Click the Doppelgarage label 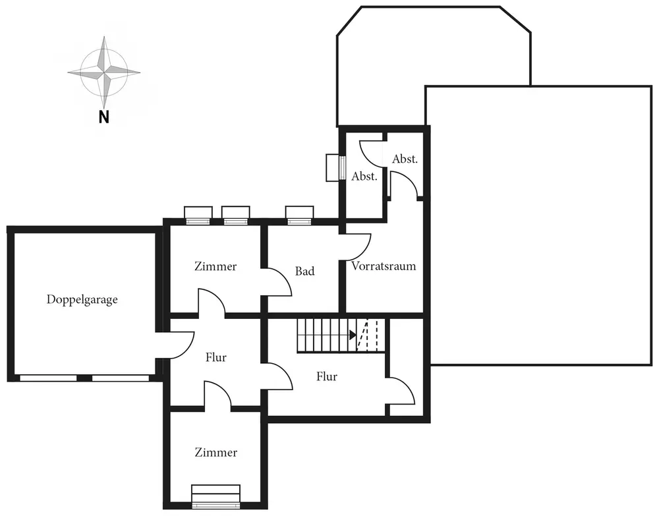(82, 299)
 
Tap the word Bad (304, 271)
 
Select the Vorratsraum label (384, 266)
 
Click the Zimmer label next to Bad (215, 266)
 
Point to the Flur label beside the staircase (327, 376)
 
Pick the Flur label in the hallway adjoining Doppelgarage (215, 357)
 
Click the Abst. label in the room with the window (364, 176)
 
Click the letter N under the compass (103, 117)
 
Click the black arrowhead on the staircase (353, 335)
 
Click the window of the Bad (300, 215)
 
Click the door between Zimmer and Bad (278, 282)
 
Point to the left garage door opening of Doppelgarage (48, 378)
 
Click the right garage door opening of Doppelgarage (120, 378)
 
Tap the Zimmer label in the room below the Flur (215, 453)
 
